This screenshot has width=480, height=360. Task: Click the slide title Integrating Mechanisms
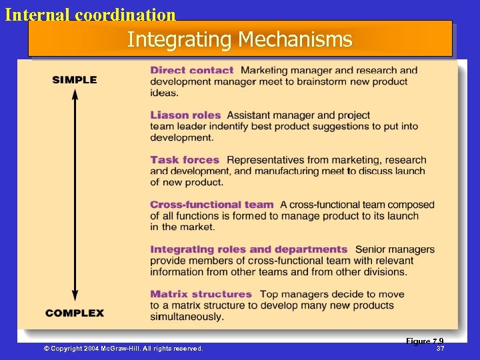[x=239, y=39]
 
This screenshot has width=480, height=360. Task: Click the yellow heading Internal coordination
[x=90, y=14]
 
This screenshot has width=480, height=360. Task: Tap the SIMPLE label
[x=75, y=80]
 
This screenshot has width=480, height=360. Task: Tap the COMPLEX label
[x=75, y=313]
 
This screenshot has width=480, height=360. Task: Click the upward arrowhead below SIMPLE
[x=75, y=93]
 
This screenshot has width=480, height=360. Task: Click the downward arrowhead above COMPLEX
[x=75, y=298]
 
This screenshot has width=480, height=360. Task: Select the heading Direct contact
[x=192, y=70]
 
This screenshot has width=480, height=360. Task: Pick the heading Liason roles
[x=185, y=115]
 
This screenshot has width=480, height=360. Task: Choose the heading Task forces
[x=185, y=160]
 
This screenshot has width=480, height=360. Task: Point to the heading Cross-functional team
[x=212, y=205]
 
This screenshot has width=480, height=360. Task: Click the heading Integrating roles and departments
[x=249, y=249]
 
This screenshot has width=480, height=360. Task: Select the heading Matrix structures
[x=201, y=294]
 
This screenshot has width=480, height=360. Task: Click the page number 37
[x=440, y=349]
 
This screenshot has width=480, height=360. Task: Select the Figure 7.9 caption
[x=425, y=341]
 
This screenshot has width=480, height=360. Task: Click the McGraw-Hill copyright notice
[x=123, y=349]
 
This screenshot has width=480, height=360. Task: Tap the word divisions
[x=383, y=272]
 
